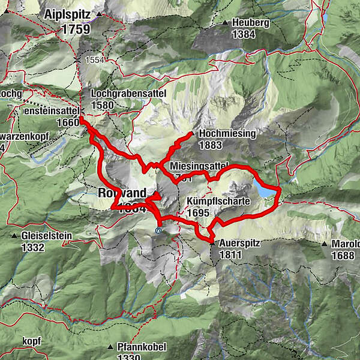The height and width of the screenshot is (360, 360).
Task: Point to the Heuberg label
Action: click(x=247, y=23)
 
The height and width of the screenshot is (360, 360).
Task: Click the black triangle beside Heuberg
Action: click(x=225, y=23)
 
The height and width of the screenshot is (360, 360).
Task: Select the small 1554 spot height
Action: click(x=95, y=60)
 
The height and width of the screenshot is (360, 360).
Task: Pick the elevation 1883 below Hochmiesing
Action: click(x=212, y=145)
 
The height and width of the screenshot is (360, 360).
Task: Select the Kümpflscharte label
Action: click(x=218, y=202)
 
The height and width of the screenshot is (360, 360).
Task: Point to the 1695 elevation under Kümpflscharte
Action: click(x=197, y=212)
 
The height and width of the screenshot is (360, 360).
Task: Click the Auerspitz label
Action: click(x=238, y=244)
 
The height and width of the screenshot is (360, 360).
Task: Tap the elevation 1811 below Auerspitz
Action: click(x=230, y=254)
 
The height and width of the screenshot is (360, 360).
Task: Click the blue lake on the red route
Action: click(x=264, y=191)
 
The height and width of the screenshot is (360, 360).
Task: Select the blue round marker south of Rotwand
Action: click(x=158, y=229)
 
